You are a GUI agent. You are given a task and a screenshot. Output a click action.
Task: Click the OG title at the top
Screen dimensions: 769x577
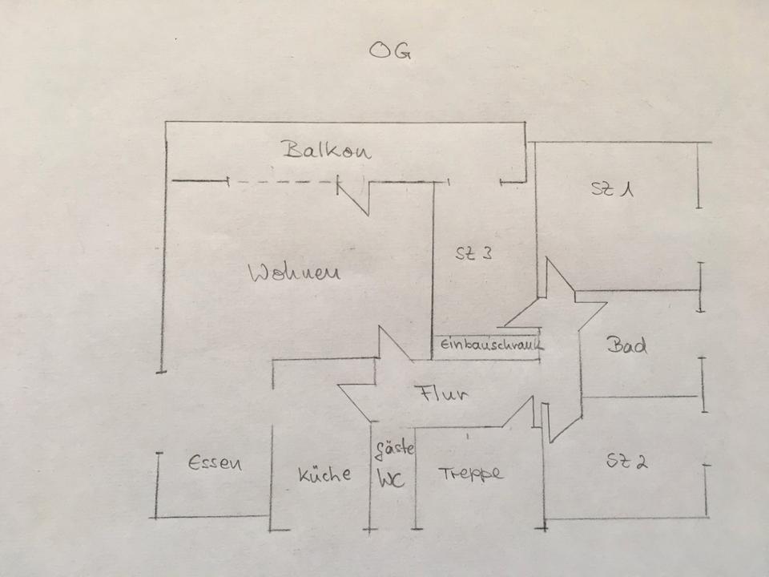390,50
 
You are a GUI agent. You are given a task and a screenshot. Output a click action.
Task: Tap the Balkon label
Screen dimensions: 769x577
327,150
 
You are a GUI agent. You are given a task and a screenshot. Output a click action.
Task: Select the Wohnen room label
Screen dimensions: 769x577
294,272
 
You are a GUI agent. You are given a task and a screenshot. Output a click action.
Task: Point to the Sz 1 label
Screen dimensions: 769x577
612,189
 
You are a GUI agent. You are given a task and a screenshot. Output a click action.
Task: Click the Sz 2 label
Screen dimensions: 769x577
626,462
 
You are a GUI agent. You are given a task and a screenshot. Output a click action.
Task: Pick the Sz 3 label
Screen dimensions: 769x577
473,253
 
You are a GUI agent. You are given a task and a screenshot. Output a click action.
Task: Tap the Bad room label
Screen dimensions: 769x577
626,345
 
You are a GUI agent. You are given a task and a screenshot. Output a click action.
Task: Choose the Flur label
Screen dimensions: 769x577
441,393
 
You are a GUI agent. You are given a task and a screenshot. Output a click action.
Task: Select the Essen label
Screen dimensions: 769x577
215,462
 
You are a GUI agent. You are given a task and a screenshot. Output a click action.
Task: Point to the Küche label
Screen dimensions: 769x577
324,474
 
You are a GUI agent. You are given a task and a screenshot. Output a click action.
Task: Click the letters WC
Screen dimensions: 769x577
391,479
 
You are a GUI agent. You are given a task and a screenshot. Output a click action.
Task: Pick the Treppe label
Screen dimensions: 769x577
470,474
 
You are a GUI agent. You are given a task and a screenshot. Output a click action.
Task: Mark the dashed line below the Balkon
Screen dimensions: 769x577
282,182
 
